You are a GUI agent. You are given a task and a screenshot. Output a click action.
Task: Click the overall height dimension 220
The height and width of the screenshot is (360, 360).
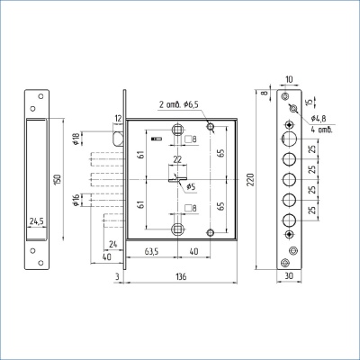[250, 179]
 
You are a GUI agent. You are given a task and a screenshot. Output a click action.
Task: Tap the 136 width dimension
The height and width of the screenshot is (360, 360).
[181, 276]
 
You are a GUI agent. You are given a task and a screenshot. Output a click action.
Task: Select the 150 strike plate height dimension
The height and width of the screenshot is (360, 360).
[58, 179]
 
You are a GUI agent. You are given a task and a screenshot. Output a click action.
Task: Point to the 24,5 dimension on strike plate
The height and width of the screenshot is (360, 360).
[37, 221]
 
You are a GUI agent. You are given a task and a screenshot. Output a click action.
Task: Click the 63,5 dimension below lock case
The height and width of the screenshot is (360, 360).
[151, 252]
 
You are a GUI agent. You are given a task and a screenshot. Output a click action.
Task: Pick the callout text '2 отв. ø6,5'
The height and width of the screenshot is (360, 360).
[179, 104]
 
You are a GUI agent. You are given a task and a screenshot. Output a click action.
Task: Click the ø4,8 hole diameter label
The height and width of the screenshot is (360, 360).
[319, 118]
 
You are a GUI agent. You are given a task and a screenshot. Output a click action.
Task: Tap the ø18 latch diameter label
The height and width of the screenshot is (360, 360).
[76, 139]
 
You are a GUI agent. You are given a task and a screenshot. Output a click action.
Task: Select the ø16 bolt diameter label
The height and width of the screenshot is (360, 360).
[76, 200]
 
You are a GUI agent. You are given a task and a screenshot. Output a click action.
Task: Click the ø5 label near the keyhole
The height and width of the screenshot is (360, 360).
[191, 187]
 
